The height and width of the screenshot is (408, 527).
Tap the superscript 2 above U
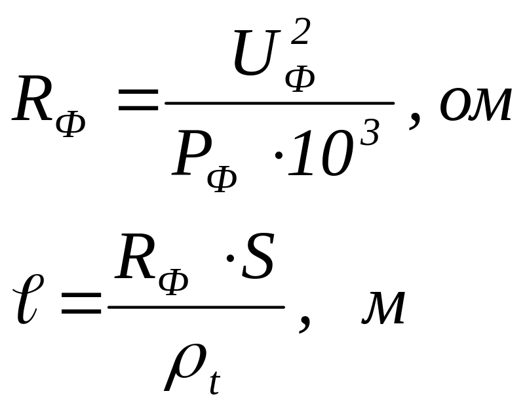tap(299, 31)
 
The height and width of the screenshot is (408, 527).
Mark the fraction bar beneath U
tap(279, 103)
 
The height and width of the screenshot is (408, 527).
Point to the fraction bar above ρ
tap(195, 306)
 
